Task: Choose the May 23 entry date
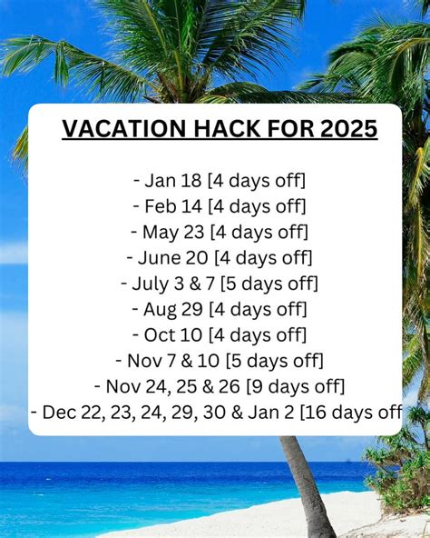point(167,232)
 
